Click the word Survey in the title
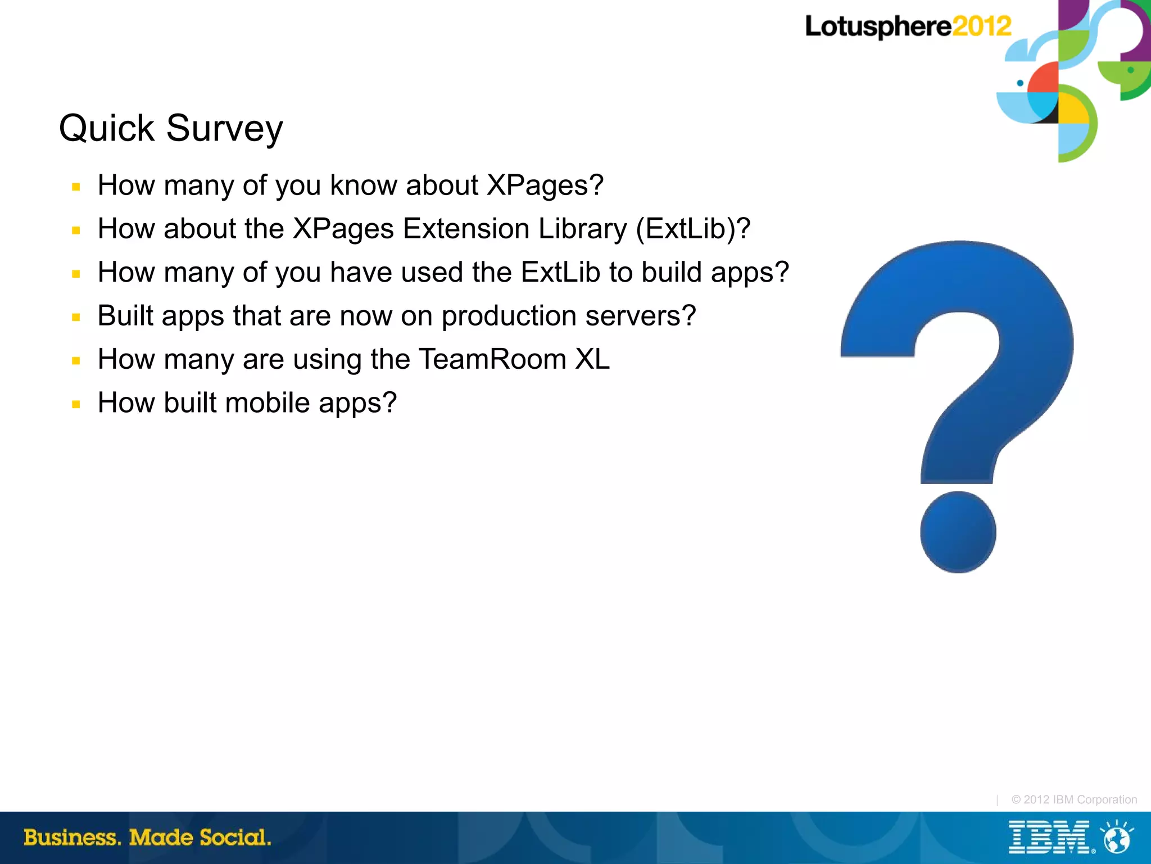tap(224, 129)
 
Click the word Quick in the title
tap(106, 129)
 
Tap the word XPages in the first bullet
tap(545, 186)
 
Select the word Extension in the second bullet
tap(466, 229)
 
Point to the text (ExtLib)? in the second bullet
tap(693, 229)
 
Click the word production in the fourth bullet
tap(509, 316)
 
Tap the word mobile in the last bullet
tap(267, 403)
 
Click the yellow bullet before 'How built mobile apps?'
tap(76, 404)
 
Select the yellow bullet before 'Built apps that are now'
tap(76, 317)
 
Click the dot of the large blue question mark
tap(958, 532)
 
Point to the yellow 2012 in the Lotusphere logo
tap(981, 26)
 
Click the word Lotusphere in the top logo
tap(878, 26)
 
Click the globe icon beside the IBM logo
tap(1117, 838)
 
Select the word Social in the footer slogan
tap(235, 838)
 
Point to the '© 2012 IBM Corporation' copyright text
tap(1073, 799)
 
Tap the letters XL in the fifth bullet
tap(592, 359)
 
